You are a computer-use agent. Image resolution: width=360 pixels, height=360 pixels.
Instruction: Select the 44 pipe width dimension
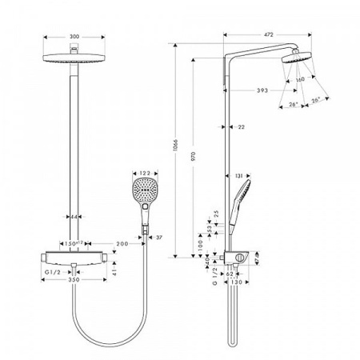click(74, 217)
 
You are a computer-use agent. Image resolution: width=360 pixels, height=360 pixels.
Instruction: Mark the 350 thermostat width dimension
click(74, 282)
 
